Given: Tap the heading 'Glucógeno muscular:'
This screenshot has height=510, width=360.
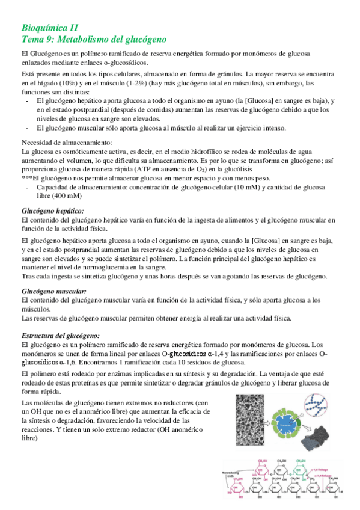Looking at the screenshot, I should pyautogui.click(x=53, y=290).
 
